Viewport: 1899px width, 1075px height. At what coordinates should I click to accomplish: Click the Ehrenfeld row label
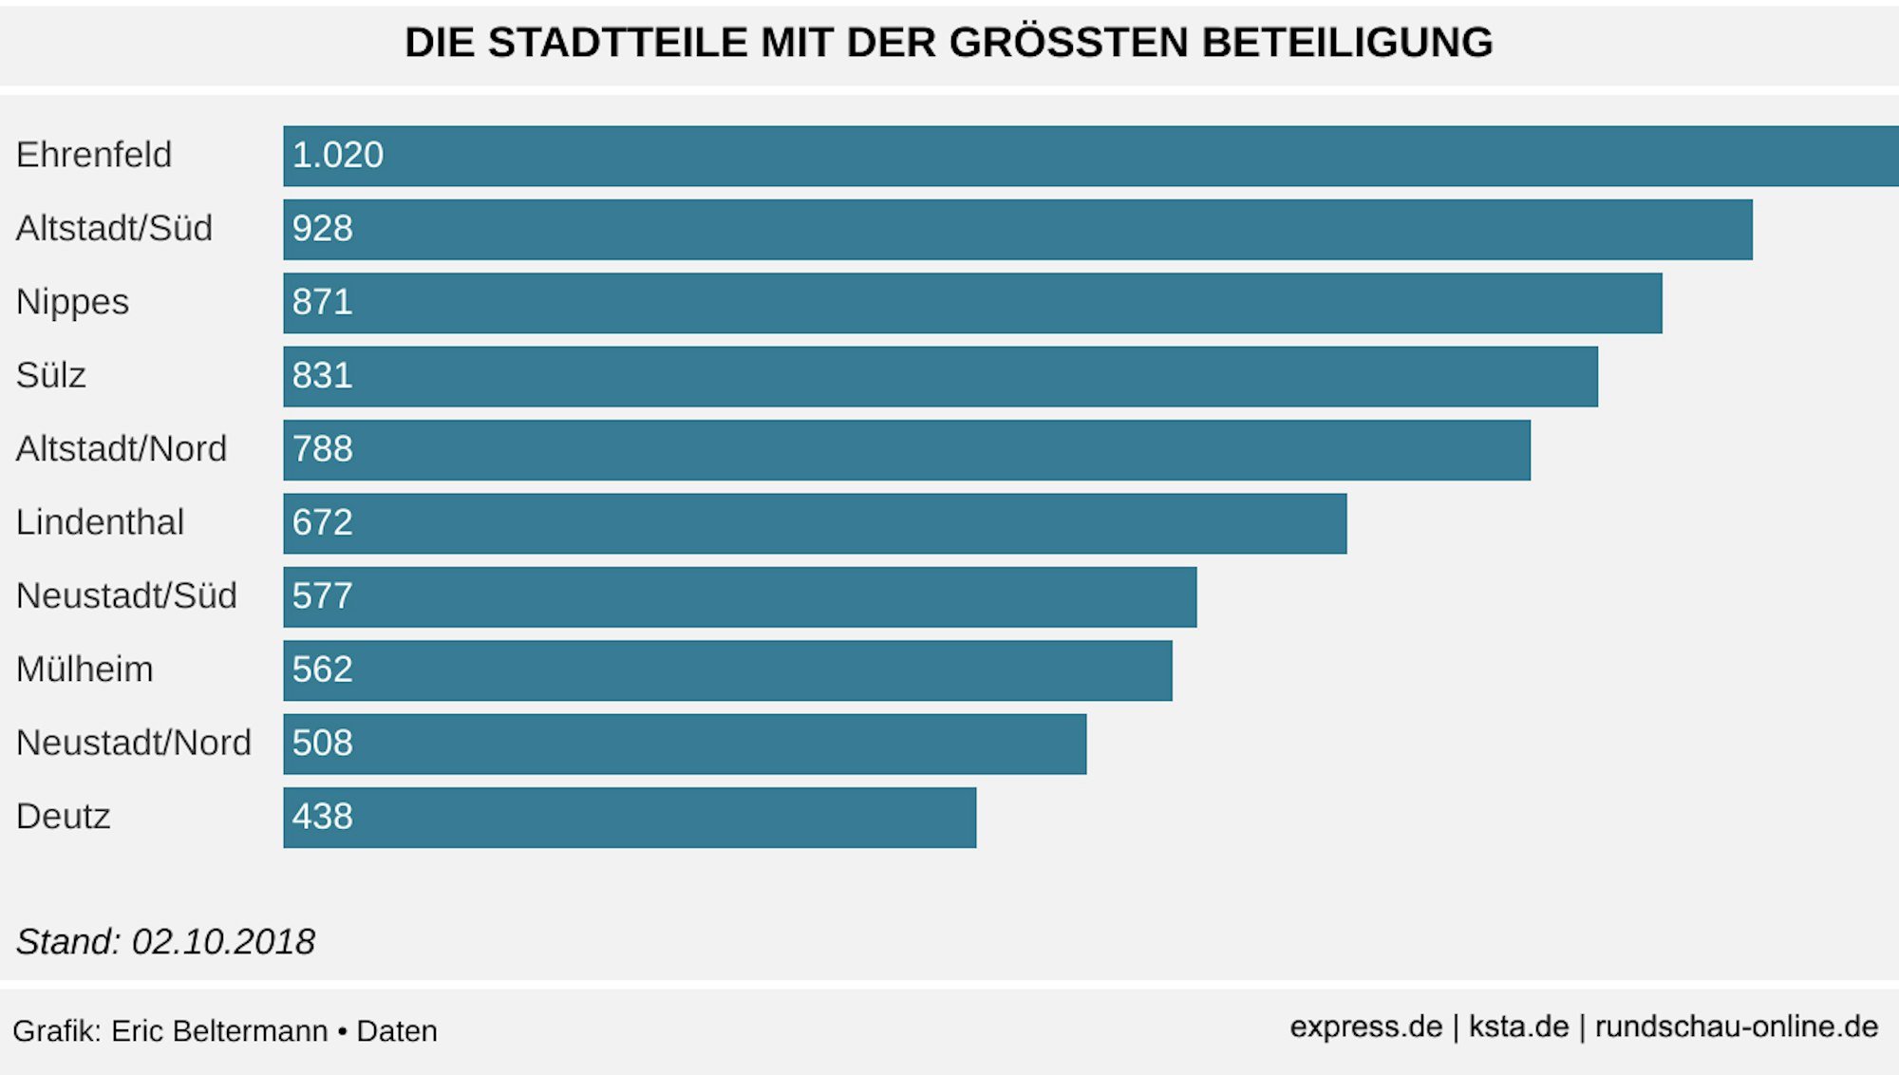(x=94, y=155)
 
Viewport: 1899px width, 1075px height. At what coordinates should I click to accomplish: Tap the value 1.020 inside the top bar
(x=337, y=155)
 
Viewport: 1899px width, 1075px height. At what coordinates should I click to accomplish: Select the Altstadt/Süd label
(x=114, y=229)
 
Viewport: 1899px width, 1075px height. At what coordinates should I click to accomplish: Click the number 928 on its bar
(x=322, y=229)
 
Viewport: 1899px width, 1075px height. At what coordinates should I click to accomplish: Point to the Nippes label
(x=72, y=302)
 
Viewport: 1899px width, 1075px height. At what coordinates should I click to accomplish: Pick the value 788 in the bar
(x=322, y=449)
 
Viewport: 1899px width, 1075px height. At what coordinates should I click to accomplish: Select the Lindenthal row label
(x=100, y=522)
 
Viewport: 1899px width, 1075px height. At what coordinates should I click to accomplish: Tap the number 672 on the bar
(x=322, y=522)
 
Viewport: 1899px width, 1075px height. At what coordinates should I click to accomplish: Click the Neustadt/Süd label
(x=126, y=596)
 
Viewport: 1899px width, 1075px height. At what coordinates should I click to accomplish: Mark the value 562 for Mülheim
(x=322, y=670)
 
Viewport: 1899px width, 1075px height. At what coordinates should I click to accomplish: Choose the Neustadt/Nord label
(x=134, y=743)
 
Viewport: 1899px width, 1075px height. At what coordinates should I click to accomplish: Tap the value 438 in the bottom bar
(x=322, y=817)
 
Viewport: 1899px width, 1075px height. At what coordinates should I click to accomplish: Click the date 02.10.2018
(x=223, y=942)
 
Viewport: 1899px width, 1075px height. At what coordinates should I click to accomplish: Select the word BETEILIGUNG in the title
(x=1347, y=43)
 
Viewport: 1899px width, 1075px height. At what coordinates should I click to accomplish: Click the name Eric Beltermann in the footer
(x=219, y=1031)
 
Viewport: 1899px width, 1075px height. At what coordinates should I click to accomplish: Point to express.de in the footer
(x=1365, y=1027)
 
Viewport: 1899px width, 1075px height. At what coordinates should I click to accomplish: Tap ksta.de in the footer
(x=1518, y=1027)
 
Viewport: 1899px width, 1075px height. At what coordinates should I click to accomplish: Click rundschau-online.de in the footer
(x=1736, y=1027)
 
